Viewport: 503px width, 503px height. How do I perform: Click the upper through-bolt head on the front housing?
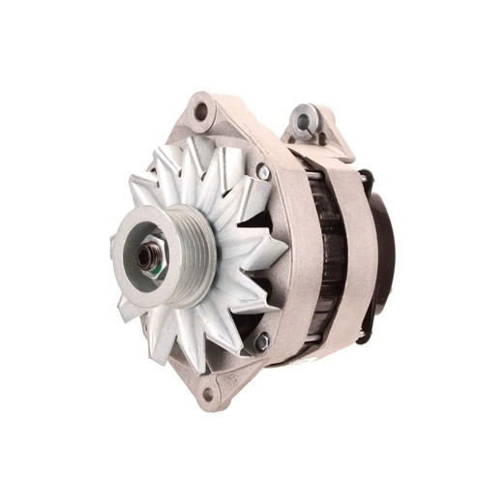coord(263,172)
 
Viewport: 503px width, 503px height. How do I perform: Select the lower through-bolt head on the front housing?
coord(261,340)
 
